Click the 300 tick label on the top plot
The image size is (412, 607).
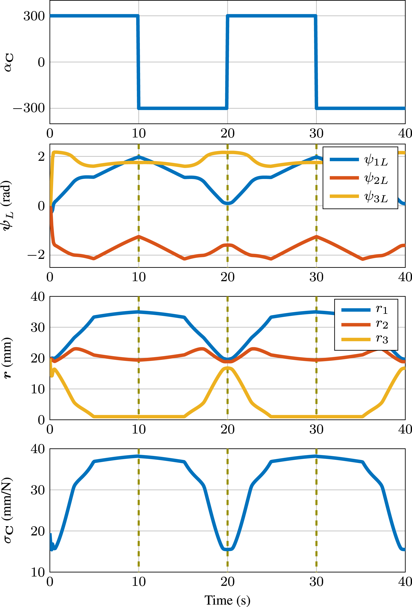point(34,16)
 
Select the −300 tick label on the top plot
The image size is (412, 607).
point(29,108)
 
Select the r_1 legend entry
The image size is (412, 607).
point(365,310)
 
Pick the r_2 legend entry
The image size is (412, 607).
point(365,325)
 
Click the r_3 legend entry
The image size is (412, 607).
point(365,339)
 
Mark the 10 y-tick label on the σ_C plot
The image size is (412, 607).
point(38,572)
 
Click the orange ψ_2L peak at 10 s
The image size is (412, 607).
point(139,236)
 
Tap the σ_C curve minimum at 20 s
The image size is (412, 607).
point(228,549)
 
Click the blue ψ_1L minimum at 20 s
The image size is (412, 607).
point(228,203)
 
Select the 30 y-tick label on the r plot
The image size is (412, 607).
point(38,327)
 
